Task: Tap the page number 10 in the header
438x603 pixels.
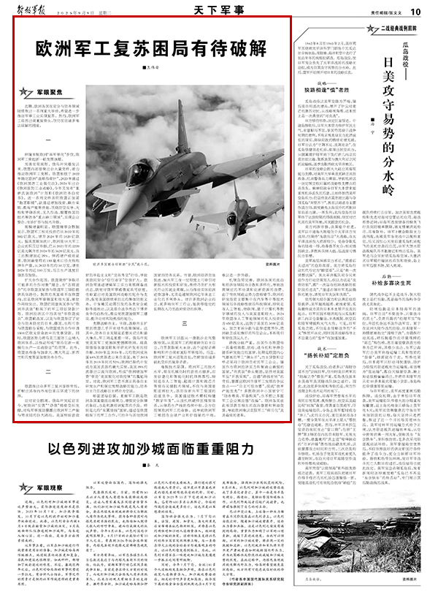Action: click(414, 11)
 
